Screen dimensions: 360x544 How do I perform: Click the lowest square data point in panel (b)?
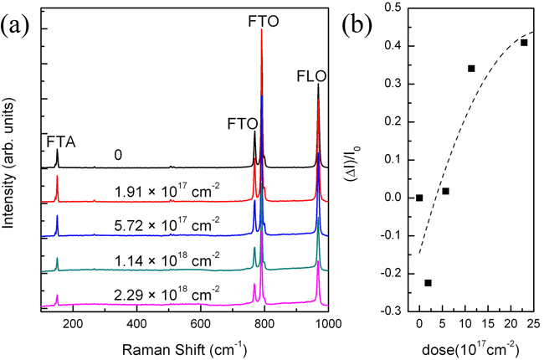click(x=429, y=283)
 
